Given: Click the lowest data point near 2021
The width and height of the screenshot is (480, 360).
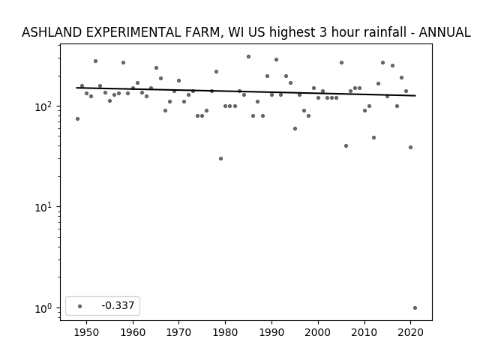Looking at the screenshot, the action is tap(415, 308).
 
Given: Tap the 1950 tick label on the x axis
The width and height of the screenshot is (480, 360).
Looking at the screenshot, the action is tap(87, 332).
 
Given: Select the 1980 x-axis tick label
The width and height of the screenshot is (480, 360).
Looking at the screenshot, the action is tap(225, 332).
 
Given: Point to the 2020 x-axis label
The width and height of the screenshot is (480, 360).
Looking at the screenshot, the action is tap(410, 332).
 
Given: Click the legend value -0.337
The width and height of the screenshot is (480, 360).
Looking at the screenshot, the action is tap(118, 305).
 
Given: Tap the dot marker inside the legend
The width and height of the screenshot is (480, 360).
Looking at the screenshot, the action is tap(80, 306).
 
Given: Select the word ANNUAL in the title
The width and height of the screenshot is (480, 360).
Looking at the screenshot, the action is tap(445, 32).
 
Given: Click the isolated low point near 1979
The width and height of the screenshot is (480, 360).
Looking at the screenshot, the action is tap(220, 158).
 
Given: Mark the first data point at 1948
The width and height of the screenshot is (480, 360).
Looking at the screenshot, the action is tap(77, 118).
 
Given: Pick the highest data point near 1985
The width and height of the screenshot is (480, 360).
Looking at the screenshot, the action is tap(248, 57).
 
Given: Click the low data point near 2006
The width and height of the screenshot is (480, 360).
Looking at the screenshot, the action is tap(346, 146).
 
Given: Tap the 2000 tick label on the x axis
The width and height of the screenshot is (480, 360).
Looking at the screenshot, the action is tap(318, 332).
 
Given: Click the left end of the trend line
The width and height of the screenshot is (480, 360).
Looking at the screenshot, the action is tap(76, 88).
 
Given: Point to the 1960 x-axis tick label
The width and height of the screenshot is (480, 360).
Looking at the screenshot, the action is tap(133, 332).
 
